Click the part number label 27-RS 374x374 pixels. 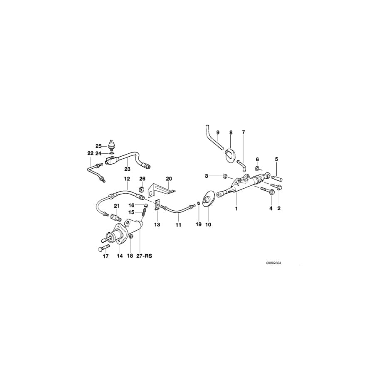(x=144, y=256)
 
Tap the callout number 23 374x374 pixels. (x=128, y=169)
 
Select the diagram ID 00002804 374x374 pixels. (x=273, y=263)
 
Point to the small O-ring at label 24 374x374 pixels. (x=111, y=153)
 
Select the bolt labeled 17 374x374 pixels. (x=103, y=248)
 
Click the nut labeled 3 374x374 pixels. (x=224, y=176)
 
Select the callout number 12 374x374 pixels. (x=127, y=179)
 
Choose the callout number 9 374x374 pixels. (x=218, y=133)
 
